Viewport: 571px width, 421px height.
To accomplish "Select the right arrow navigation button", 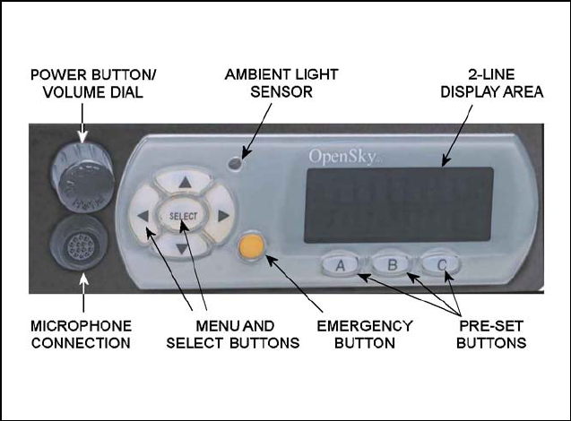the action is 221,215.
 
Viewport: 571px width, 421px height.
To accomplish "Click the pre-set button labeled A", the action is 341,264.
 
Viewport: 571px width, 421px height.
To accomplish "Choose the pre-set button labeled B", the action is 391,263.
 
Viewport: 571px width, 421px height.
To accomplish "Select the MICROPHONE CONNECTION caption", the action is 80,333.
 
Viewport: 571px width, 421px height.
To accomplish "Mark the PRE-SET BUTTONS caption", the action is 485,333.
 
